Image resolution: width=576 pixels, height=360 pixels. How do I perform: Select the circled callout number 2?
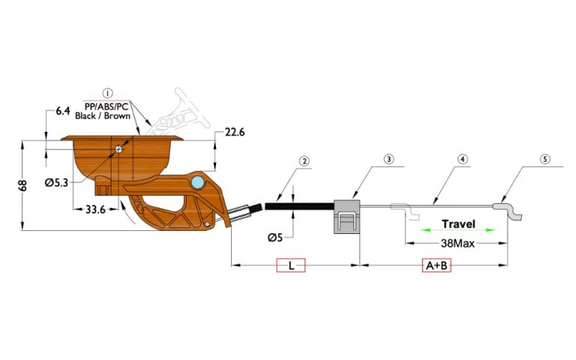click(x=304, y=160)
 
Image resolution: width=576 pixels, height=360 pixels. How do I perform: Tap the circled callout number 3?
click(x=388, y=159)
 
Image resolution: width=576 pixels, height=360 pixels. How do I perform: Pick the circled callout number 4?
click(x=463, y=159)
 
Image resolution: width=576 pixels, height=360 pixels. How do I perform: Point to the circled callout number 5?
click(x=545, y=159)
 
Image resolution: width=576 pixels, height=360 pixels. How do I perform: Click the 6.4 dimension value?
click(x=63, y=112)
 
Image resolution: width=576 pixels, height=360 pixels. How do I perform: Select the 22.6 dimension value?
click(x=235, y=133)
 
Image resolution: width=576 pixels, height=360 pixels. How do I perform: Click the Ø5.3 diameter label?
click(x=58, y=182)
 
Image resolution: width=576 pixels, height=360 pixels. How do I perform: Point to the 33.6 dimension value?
click(x=95, y=210)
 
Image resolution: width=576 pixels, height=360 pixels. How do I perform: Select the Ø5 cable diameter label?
click(x=276, y=238)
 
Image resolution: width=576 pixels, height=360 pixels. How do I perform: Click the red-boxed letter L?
click(x=291, y=265)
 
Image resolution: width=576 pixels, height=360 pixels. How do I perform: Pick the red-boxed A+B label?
click(x=434, y=265)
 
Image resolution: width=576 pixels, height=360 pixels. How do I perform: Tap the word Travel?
click(x=458, y=224)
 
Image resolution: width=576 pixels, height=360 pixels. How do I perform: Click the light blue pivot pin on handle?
click(x=197, y=183)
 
